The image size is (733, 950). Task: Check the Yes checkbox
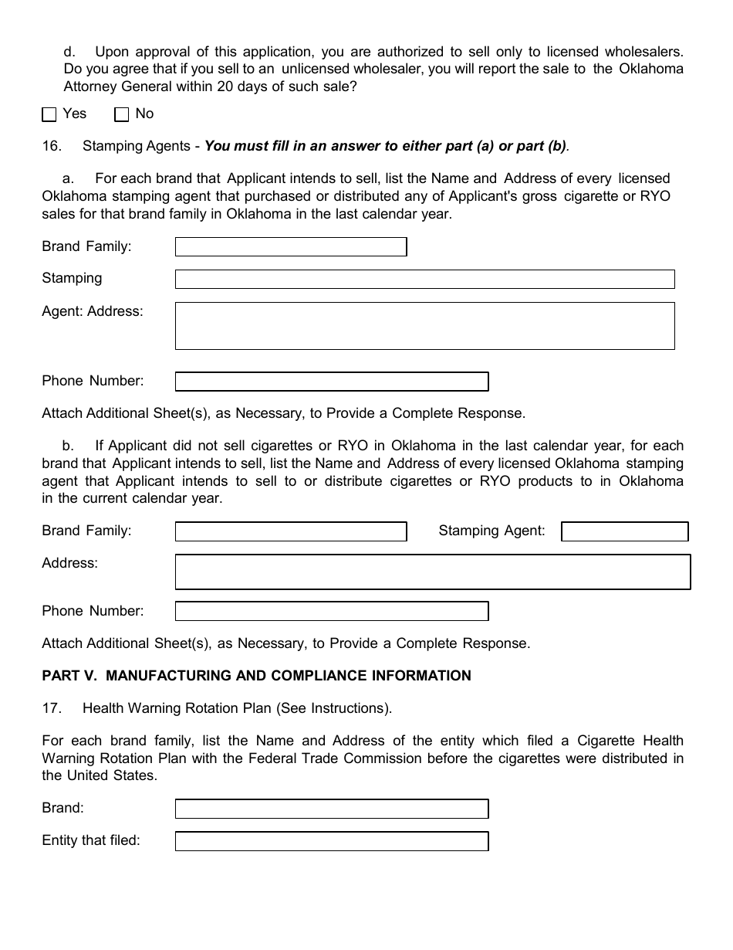(x=49, y=115)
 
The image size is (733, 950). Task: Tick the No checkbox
(x=121, y=115)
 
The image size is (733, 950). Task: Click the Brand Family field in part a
(x=291, y=247)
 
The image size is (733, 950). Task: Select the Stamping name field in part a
(x=424, y=279)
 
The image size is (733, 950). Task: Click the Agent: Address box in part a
(x=424, y=326)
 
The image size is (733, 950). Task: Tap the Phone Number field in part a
(x=332, y=382)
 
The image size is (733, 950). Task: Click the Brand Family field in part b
(x=291, y=531)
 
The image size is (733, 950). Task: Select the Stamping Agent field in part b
(x=624, y=531)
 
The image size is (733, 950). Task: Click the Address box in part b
(x=432, y=572)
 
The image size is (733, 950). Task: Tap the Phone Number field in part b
(x=332, y=612)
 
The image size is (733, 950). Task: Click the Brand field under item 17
(x=332, y=809)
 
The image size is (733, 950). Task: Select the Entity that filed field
(x=332, y=841)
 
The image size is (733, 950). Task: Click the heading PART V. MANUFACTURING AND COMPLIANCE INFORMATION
(x=256, y=676)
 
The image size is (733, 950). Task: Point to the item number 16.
(x=51, y=146)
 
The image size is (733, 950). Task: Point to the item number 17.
(x=51, y=708)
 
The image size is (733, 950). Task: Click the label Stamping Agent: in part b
(x=491, y=531)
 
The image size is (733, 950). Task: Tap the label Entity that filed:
(x=91, y=840)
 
